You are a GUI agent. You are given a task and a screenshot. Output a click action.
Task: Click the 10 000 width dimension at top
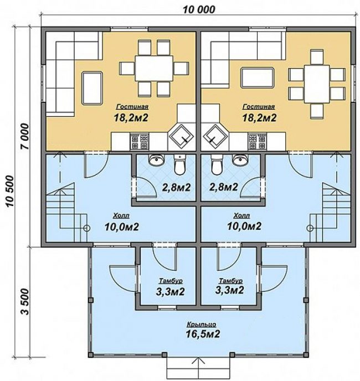(x=199, y=9)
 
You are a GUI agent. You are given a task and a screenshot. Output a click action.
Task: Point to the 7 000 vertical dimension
(x=24, y=136)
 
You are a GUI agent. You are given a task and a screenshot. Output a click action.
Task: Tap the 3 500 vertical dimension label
(x=24, y=302)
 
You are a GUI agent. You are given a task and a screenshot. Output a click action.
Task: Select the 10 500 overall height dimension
(x=10, y=190)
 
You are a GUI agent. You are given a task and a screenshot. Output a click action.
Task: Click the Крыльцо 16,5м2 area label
(x=203, y=330)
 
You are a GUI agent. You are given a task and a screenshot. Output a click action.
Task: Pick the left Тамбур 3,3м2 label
(x=171, y=287)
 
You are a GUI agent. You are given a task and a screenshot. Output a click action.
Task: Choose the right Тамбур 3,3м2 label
(x=230, y=286)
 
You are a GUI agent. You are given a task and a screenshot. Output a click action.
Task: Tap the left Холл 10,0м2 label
(x=121, y=222)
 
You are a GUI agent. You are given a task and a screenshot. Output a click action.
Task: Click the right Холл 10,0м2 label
(x=244, y=222)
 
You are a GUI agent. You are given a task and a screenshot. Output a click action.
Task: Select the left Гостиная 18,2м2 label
(x=131, y=113)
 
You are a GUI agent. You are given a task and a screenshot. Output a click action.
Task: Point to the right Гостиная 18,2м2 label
(x=259, y=113)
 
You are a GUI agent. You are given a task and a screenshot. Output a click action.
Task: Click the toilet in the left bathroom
(x=179, y=164)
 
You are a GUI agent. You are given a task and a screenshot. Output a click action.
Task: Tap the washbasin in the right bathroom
(x=240, y=159)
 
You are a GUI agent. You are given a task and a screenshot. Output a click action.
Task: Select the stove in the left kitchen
(x=140, y=141)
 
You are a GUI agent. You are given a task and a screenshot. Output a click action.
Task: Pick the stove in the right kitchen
(x=257, y=141)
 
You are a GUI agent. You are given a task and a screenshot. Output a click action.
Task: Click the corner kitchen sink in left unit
(x=182, y=136)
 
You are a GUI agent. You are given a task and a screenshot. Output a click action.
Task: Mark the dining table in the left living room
(x=154, y=69)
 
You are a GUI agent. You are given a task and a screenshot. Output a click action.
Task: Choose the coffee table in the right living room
(x=258, y=78)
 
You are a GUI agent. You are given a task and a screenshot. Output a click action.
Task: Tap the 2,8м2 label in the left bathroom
(x=176, y=188)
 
